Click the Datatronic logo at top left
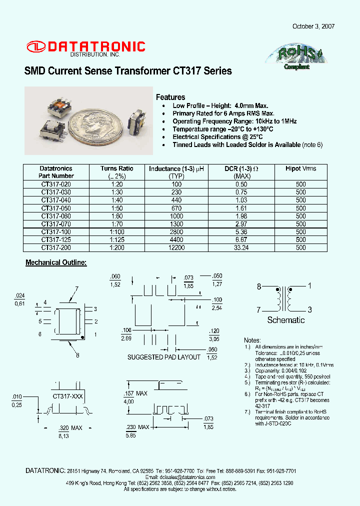(85, 47)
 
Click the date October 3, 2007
(313, 26)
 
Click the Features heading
(170, 97)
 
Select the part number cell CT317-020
(56, 184)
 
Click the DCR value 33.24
(241, 247)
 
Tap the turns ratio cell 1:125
(116, 239)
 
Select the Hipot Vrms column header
(300, 169)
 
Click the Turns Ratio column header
(116, 169)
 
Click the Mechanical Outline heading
(56, 262)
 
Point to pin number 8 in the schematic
(259, 286)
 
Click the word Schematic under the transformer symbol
(285, 320)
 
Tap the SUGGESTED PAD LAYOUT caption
(163, 357)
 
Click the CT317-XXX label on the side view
(67, 395)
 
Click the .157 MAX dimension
(136, 393)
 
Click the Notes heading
(252, 339)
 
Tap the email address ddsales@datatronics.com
(179, 477)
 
